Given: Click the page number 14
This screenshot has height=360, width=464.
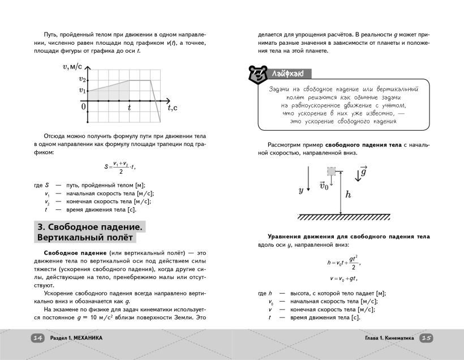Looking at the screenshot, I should coord(37,338).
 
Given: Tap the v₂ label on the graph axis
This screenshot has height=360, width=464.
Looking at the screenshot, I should coord(82,80).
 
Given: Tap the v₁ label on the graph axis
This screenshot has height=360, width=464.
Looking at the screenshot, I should coord(82,90).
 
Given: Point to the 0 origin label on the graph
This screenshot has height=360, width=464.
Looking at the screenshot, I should coord(84,106).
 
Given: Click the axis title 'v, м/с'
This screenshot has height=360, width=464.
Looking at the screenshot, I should coord(72,67).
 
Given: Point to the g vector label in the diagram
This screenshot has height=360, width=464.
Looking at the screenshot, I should coord(363,172).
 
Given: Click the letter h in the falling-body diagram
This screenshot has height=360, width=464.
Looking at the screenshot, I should coord(348,194).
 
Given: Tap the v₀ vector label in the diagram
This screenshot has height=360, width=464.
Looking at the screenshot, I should coord(324,186).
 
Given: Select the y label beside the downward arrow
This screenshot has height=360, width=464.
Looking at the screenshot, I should coord(301,190).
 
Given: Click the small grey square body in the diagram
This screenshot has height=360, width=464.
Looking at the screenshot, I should coord(332,171).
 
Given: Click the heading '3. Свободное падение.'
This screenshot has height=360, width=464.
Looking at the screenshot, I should coord(90,226).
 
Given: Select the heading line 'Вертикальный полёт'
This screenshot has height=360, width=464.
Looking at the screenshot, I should coord(84,238).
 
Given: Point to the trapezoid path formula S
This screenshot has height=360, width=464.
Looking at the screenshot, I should coord(121,167).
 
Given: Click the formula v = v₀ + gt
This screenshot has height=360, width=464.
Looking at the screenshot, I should coord(343,278).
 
